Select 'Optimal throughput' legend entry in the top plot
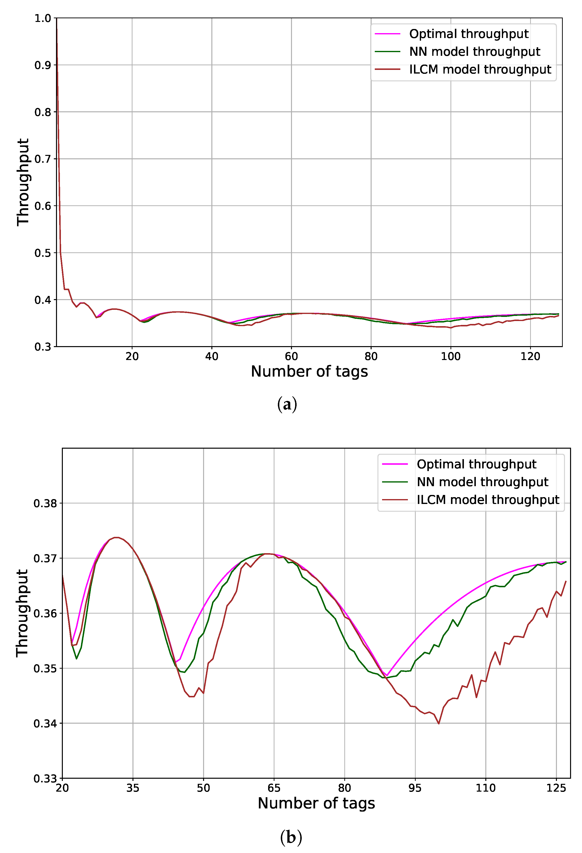(469, 34)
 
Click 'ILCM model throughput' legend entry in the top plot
(480, 69)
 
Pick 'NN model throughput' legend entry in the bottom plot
(482, 482)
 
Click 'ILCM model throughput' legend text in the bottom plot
(488, 500)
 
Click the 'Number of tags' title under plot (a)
(309, 371)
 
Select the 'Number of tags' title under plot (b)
(316, 803)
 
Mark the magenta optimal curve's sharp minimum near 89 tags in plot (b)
(387, 675)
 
